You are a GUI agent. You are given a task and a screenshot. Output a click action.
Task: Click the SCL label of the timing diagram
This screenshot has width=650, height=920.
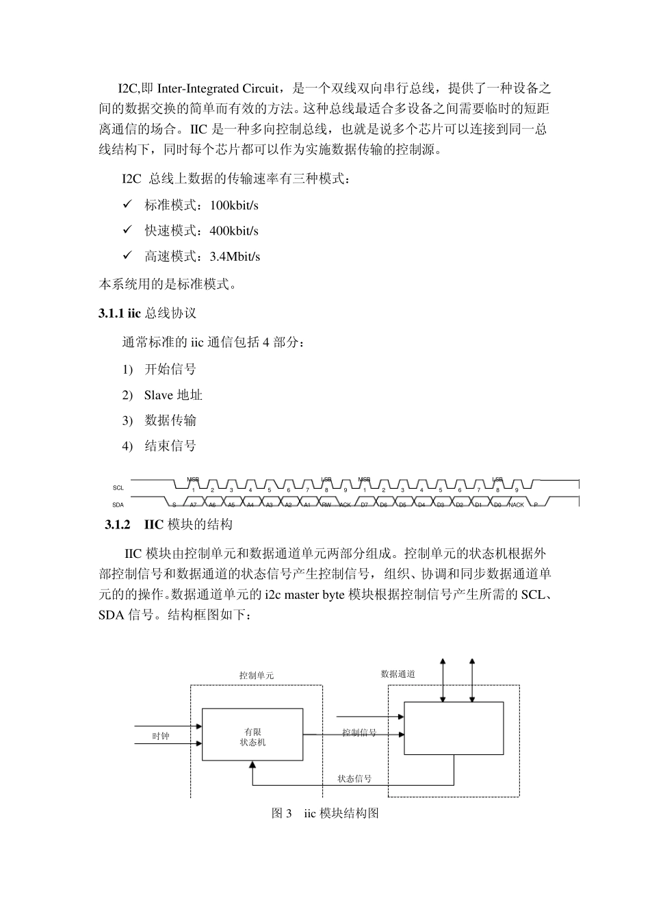point(118,488)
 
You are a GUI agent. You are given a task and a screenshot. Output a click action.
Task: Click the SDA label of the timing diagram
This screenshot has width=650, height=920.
point(118,505)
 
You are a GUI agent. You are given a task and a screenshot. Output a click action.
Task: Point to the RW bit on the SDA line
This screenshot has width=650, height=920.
point(326,505)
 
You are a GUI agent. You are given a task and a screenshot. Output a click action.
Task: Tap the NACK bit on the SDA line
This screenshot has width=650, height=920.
point(517,505)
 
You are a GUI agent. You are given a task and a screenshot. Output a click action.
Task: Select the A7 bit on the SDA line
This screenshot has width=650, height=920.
point(194,505)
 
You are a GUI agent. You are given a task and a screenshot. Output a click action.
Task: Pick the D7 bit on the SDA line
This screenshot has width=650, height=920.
point(365,505)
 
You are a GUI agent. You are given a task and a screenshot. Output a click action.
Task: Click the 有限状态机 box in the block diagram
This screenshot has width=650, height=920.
point(252,734)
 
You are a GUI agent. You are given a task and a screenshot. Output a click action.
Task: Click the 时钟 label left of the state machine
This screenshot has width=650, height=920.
point(160,736)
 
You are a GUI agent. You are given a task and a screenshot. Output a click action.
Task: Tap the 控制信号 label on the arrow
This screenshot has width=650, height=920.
point(359,732)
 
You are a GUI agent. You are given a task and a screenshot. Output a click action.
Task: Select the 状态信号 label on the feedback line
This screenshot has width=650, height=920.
point(354,778)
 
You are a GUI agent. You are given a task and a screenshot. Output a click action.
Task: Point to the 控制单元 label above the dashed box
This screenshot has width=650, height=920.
point(257,676)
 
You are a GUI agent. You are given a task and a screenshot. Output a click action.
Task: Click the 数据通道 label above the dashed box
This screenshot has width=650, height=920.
point(398,674)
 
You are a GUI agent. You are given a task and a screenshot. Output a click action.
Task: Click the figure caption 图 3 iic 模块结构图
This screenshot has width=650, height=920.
point(325,813)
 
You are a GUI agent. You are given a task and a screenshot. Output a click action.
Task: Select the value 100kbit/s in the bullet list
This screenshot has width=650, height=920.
point(234,205)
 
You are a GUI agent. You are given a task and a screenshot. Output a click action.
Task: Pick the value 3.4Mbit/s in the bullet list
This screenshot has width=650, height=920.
point(235,257)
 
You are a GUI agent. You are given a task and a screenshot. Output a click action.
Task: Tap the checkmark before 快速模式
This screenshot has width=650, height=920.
point(127,230)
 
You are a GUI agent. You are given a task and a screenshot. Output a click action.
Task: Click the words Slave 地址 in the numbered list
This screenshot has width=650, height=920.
point(173,395)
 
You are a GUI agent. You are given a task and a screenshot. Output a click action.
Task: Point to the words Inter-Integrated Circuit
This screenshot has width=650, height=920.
point(218,88)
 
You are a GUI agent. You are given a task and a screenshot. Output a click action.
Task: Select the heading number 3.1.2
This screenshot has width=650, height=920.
point(117,524)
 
